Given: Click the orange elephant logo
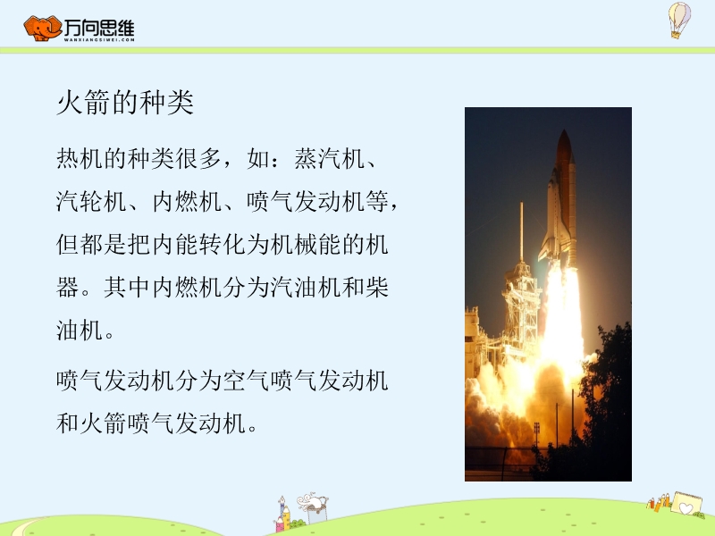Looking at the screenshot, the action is pos(42,29).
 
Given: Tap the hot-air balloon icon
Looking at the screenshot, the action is pos(679,20).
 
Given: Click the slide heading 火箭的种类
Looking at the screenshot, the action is pos(125,102).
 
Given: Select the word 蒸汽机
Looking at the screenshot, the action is pos(329,159).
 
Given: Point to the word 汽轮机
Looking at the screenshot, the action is pos(92,202).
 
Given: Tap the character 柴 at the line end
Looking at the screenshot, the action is pos(376,287).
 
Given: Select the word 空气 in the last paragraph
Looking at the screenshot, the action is pos(247,381).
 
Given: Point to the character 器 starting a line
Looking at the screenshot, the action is pos(68,287).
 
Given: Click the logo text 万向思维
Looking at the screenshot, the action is pos(99,28).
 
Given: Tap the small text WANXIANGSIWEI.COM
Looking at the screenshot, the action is pos(99,39).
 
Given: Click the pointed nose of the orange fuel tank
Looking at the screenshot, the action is pos(564,132).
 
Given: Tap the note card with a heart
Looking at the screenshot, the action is pos(686,504).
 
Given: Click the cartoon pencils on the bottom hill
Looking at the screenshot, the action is pos(659,501).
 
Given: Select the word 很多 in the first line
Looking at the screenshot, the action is pos(198,159).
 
